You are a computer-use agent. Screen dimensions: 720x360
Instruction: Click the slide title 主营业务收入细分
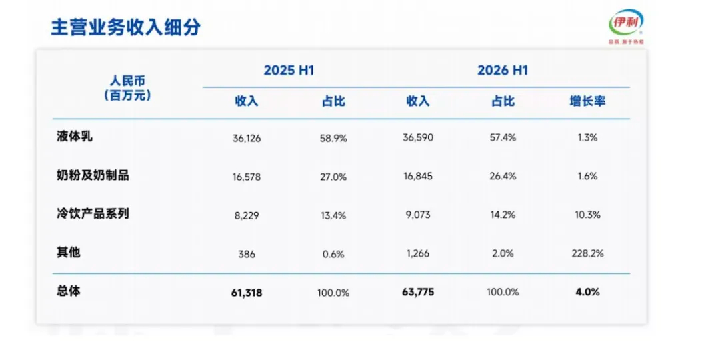click(125, 27)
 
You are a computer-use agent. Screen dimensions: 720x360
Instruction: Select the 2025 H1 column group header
click(289, 70)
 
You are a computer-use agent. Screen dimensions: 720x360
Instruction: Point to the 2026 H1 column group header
click(503, 70)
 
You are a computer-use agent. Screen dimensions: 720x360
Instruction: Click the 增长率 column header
click(587, 101)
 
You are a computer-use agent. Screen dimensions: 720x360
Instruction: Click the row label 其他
click(69, 252)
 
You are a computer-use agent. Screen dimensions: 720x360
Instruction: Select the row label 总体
click(69, 291)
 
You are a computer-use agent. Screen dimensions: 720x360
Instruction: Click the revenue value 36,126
click(247, 138)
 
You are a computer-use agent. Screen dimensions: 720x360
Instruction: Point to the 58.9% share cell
click(333, 138)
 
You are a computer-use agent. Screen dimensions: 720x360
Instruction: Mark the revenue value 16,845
click(418, 176)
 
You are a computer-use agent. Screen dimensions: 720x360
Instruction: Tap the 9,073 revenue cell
click(418, 215)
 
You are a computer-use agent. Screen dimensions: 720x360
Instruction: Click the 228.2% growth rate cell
click(587, 253)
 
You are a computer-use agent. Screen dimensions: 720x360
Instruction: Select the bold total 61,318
click(247, 293)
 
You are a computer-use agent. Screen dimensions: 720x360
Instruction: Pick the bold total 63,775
click(418, 292)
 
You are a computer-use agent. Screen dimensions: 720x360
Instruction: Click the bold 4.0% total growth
click(587, 291)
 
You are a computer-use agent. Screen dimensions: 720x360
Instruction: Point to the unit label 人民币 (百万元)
click(127, 89)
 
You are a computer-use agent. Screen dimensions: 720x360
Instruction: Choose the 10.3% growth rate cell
click(587, 215)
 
